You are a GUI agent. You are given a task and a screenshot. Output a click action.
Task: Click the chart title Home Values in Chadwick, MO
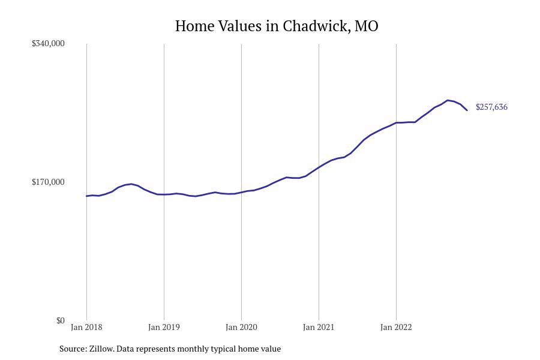[277, 26]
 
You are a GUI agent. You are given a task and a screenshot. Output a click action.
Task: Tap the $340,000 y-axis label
[48, 44]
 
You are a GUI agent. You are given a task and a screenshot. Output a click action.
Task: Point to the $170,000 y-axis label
[48, 182]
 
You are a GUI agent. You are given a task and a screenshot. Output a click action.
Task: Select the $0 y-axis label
[60, 321]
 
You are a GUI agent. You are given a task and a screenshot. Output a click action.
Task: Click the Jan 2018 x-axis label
[86, 328]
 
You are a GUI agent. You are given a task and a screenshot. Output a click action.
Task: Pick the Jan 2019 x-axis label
[164, 328]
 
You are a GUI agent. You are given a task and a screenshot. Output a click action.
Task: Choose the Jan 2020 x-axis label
[241, 328]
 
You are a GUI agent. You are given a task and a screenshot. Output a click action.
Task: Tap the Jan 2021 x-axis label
[319, 328]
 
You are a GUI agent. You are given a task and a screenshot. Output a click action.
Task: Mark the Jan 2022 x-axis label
[396, 328]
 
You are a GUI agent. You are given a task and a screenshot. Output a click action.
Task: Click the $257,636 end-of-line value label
[491, 107]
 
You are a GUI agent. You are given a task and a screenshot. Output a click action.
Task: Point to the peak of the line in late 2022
[448, 100]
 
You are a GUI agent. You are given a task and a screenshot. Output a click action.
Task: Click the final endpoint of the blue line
[467, 110]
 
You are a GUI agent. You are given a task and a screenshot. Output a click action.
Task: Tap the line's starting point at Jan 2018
[86, 196]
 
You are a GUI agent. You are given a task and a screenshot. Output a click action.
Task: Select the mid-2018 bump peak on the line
[131, 184]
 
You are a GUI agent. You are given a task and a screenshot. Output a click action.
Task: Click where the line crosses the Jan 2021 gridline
[319, 167]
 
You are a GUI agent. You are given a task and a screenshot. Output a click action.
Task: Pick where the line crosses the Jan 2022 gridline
[396, 123]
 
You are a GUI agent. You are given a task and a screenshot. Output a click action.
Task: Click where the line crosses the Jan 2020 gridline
[241, 193]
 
